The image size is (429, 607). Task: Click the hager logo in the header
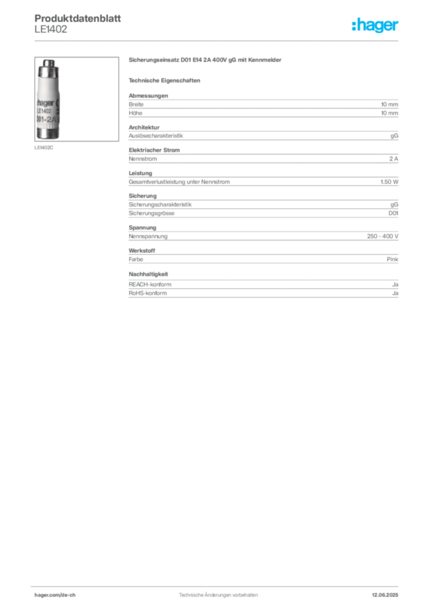pyautogui.click(x=375, y=25)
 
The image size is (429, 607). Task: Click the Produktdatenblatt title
pyautogui.click(x=78, y=18)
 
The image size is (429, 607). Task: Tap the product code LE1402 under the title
pyautogui.click(x=51, y=30)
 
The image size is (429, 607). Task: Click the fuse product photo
pyautogui.click(x=76, y=99)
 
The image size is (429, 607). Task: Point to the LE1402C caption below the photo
pyautogui.click(x=44, y=148)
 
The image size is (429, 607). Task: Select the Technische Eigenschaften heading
pyautogui.click(x=164, y=81)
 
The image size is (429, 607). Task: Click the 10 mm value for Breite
pyautogui.click(x=389, y=104)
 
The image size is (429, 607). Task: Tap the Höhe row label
pyautogui.click(x=135, y=113)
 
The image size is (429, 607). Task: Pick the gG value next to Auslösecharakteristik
pyautogui.click(x=394, y=136)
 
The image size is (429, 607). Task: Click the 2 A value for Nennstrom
pyautogui.click(x=394, y=159)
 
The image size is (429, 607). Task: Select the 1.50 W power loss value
pyautogui.click(x=389, y=181)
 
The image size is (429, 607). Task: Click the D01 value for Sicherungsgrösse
pyautogui.click(x=393, y=213)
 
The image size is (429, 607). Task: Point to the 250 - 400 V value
pyautogui.click(x=383, y=236)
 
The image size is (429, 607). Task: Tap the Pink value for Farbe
pyautogui.click(x=392, y=260)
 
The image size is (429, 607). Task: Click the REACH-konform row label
pyautogui.click(x=150, y=285)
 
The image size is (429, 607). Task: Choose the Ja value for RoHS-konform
pyautogui.click(x=395, y=293)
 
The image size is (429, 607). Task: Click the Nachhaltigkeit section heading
pyautogui.click(x=149, y=274)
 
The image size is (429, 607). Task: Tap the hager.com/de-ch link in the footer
pyautogui.click(x=55, y=595)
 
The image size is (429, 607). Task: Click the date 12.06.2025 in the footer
pyautogui.click(x=385, y=595)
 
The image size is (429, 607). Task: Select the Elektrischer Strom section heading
pyautogui.click(x=154, y=150)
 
